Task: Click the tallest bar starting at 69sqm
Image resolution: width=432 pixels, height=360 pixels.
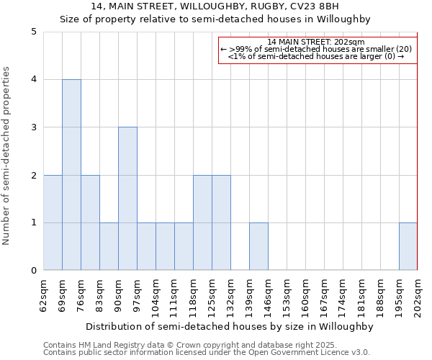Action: pos(71,175)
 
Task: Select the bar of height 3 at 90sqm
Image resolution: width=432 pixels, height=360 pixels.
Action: pos(127,199)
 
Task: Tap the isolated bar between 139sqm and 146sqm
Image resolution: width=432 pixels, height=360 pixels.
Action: pos(258,246)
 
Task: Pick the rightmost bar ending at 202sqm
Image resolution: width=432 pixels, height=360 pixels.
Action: pos(408,246)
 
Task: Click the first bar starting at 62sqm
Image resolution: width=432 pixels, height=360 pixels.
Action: pos(53,222)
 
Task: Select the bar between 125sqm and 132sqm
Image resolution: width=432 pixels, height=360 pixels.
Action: pos(221,222)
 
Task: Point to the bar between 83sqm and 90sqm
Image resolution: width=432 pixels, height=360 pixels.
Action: pos(109,246)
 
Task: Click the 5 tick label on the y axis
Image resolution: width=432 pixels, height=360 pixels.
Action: pos(34,32)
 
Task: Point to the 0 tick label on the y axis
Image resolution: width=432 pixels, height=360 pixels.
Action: pos(34,271)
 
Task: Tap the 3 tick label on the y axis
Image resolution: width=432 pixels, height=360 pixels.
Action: pos(34,127)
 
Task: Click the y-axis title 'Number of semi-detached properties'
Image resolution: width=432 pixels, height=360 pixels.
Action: pos(7,156)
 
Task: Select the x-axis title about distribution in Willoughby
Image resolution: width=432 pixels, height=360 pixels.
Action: pos(230,326)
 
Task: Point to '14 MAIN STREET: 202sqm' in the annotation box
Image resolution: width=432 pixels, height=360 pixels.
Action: pos(317,42)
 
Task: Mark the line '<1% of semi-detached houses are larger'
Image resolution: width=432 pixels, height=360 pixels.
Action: pos(317,56)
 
